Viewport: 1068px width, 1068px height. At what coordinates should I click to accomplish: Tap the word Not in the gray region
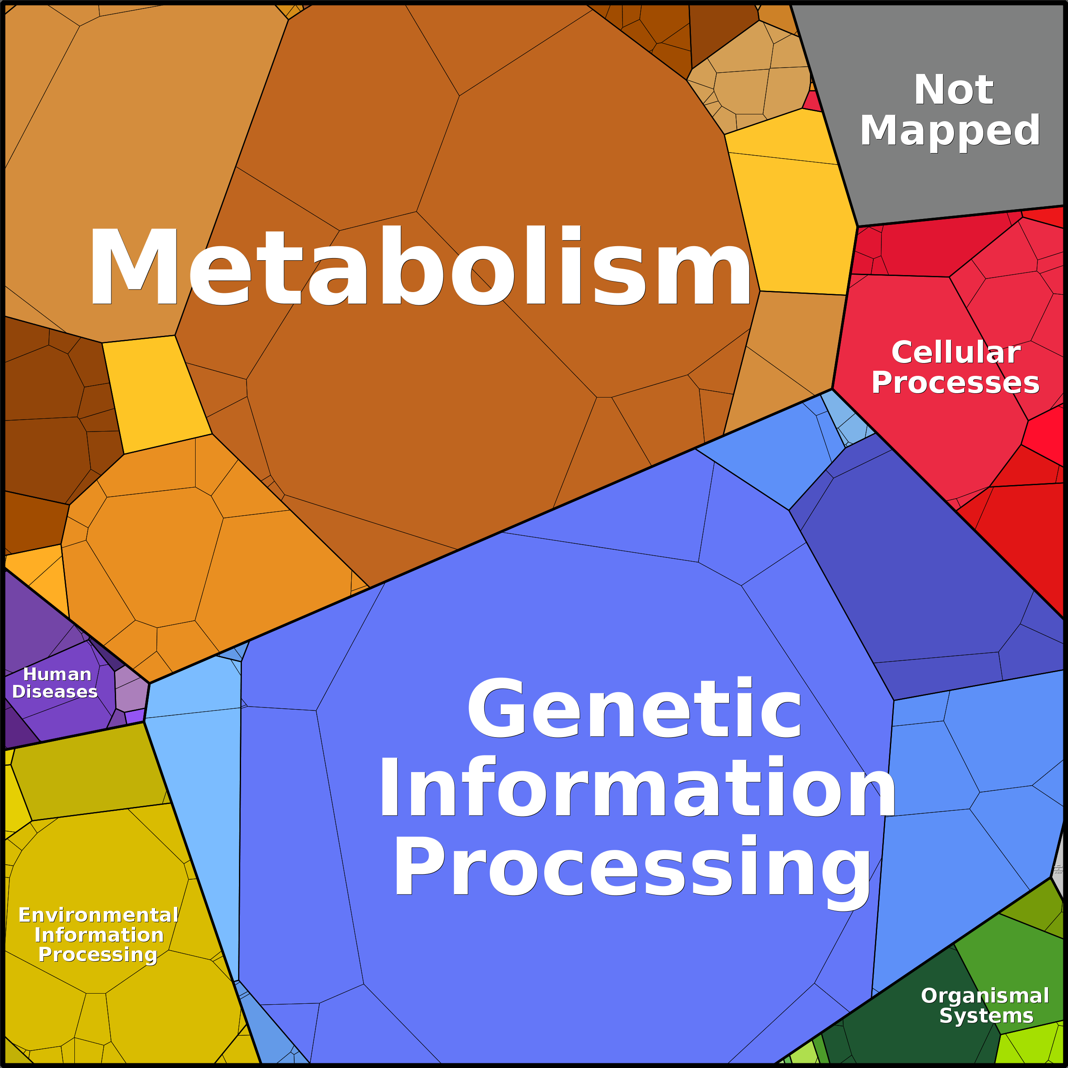point(954,90)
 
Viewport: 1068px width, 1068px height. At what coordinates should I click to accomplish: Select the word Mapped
point(950,131)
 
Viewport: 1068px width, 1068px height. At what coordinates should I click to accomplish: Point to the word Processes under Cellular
point(955,383)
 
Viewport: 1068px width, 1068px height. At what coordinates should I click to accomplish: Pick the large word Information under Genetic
point(637,787)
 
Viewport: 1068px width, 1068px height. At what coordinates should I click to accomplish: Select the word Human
point(57,674)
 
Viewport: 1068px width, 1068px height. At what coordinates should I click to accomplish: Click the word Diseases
point(55,692)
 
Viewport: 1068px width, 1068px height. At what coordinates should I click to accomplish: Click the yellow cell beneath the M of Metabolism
point(156,393)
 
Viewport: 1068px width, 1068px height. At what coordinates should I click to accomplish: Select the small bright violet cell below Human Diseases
point(134,716)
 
